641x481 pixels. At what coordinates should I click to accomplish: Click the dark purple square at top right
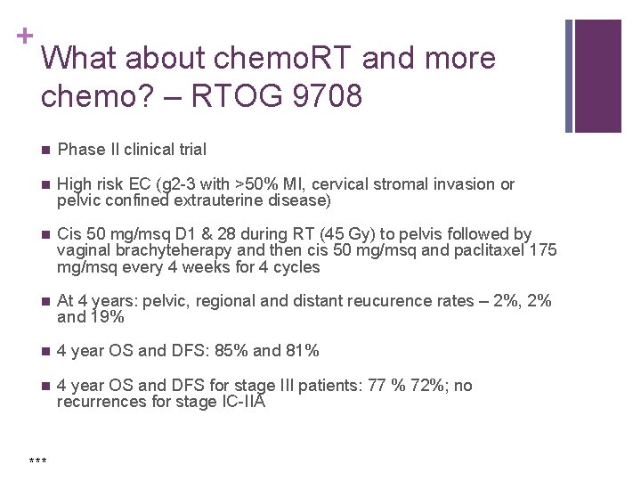pyautogui.click(x=598, y=75)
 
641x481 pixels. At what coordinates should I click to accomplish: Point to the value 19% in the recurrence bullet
pyautogui.click(x=106, y=317)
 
